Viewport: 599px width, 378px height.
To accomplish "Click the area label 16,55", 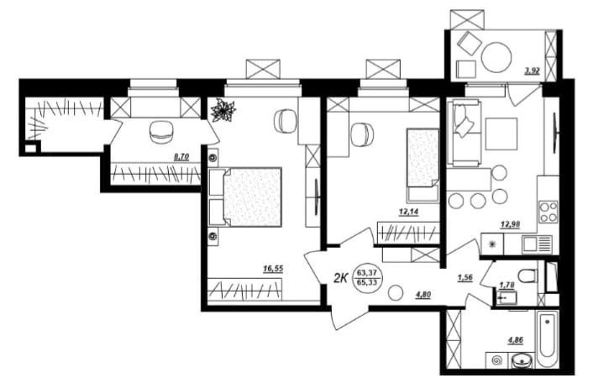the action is click(273, 269).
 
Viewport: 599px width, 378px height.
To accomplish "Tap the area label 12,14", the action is click(408, 212).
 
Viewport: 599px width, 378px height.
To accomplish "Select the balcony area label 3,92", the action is click(533, 71).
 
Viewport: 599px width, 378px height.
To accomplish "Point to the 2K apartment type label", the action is click(339, 278).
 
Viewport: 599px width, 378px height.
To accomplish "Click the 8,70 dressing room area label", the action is click(181, 156).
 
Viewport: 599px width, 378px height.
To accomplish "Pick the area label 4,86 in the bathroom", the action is click(515, 339).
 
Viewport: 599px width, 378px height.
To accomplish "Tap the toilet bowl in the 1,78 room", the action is click(528, 276).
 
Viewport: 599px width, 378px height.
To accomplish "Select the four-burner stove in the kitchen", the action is click(549, 213).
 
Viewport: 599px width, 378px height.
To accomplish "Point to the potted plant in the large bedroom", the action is click(223, 110).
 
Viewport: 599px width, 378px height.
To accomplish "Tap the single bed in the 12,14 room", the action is click(423, 165).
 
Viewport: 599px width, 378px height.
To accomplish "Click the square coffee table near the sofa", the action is click(502, 134).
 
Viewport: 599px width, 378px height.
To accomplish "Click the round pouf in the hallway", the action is click(396, 293).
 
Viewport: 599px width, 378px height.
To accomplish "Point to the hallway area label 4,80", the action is click(423, 294).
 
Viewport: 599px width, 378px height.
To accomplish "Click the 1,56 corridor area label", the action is click(465, 278).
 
